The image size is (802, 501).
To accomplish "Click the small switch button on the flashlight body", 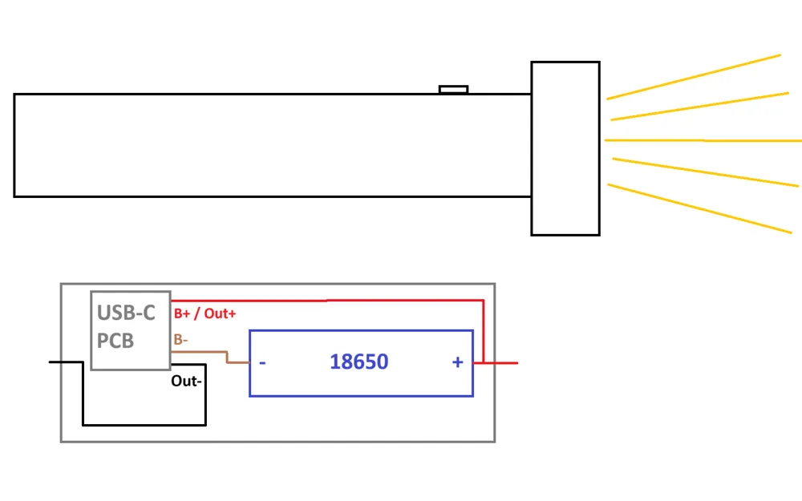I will [x=453, y=89].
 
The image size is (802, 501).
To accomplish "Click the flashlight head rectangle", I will [x=565, y=148].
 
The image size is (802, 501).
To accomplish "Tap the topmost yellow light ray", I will [x=694, y=77].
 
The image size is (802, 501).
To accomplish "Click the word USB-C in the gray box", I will [x=127, y=313].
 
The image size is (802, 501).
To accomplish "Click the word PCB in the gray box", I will [x=115, y=341].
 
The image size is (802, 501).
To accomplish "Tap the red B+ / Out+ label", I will [x=205, y=313].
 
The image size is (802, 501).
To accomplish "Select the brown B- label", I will [x=180, y=340].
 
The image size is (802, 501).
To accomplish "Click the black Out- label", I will [x=186, y=382].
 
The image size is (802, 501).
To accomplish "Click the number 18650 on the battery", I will [x=358, y=362].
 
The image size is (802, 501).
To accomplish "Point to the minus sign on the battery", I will [x=262, y=362].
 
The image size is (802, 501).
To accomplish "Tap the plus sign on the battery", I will [x=457, y=362].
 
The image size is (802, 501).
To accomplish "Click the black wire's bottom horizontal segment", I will [x=144, y=424].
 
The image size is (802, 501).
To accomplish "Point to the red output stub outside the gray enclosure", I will [x=507, y=363].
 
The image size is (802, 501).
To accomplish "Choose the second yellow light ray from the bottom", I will [x=706, y=172].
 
